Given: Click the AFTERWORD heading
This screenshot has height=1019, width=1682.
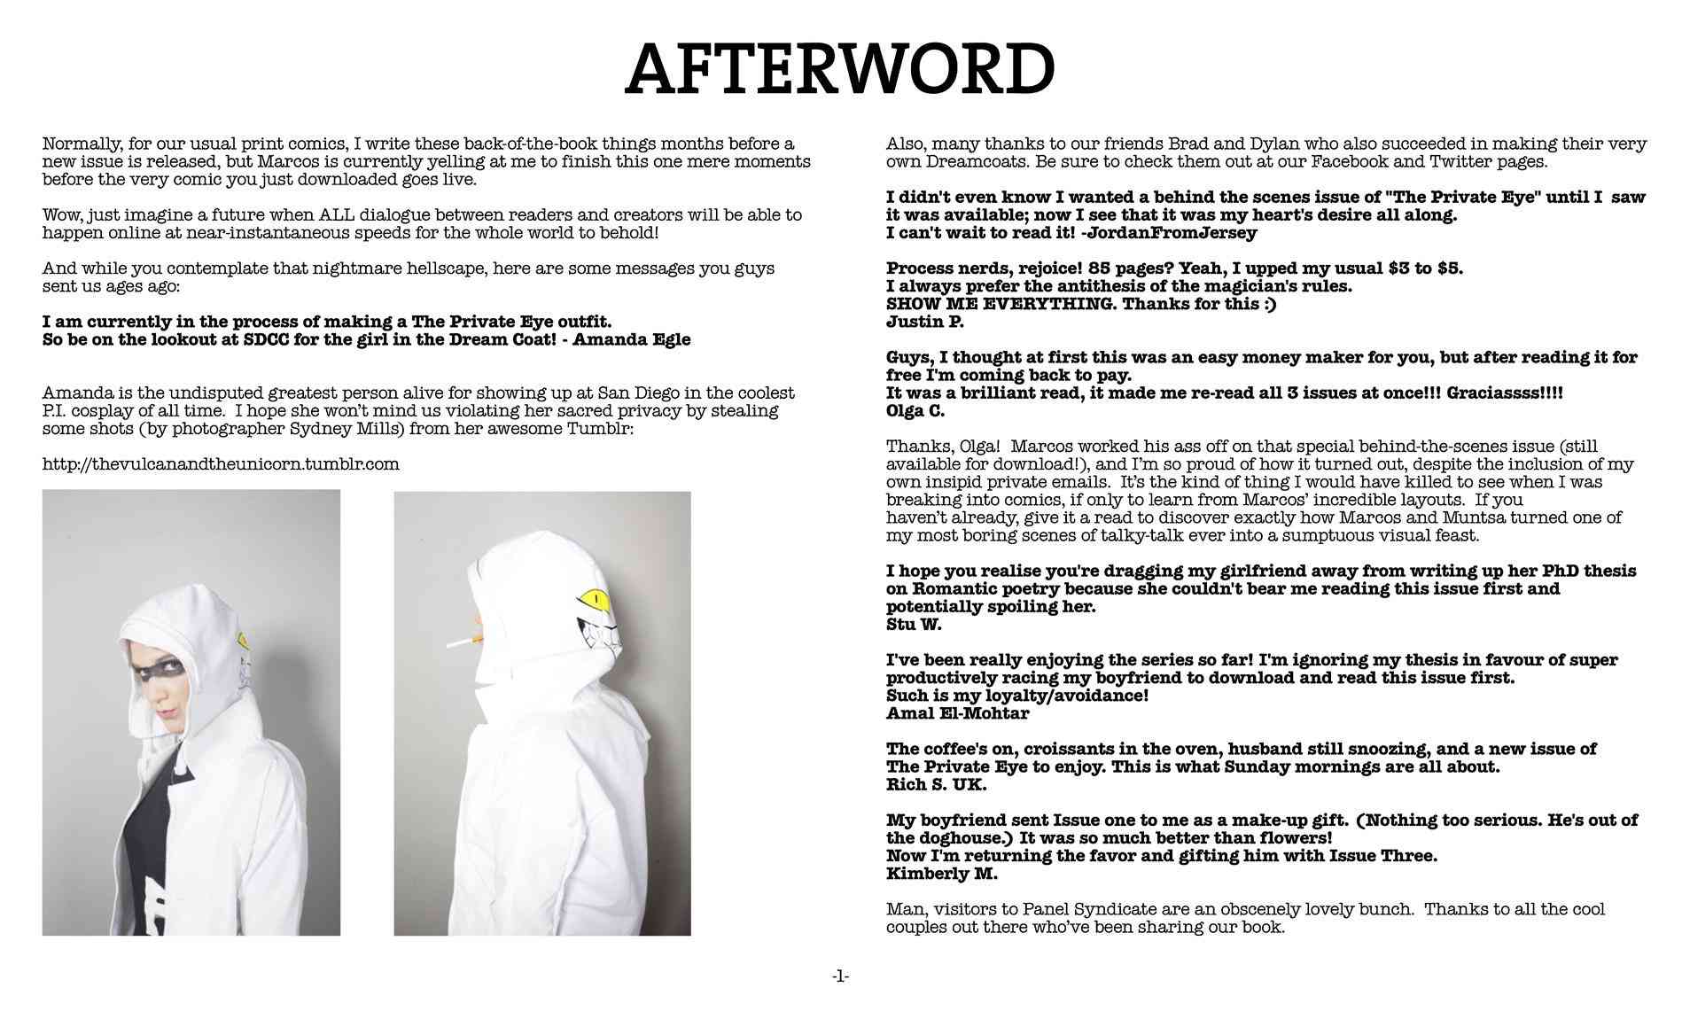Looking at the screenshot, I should click(x=840, y=69).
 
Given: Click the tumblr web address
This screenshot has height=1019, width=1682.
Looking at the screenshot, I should click(x=221, y=464).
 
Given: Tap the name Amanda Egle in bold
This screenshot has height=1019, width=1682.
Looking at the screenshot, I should click(x=632, y=339).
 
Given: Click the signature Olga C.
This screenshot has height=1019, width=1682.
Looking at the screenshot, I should click(x=915, y=411).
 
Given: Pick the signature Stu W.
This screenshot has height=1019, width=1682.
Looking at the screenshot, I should click(x=913, y=625).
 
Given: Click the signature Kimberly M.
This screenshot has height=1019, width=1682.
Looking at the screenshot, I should click(x=941, y=874).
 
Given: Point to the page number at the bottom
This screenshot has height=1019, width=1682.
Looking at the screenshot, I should click(x=840, y=976).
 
